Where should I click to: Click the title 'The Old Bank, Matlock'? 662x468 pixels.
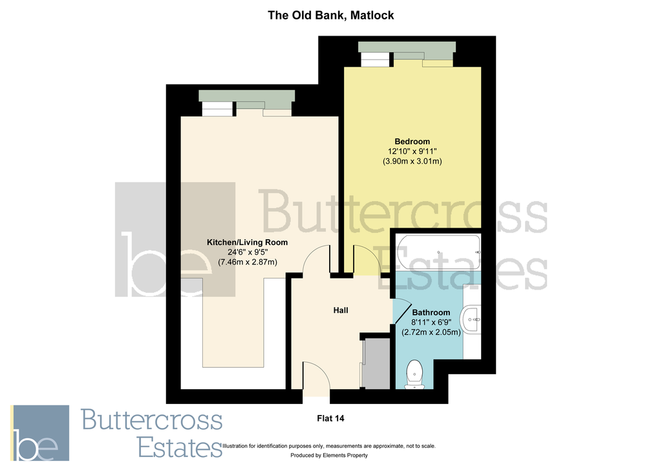coord(330,15)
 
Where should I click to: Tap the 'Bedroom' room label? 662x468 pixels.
coord(412,142)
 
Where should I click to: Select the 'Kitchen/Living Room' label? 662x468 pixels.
coord(247,242)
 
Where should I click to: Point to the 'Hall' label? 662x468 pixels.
coord(341,310)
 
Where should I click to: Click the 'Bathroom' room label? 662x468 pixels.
coord(431,313)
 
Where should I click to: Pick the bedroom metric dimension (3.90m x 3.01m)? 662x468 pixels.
coord(412,161)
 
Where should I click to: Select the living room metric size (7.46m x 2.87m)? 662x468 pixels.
coord(247,262)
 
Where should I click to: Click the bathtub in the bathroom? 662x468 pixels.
coord(438,252)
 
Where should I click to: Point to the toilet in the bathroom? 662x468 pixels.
coord(414,374)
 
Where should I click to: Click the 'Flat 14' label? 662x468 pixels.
coord(330,418)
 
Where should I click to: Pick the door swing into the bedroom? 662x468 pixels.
coord(366,261)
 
